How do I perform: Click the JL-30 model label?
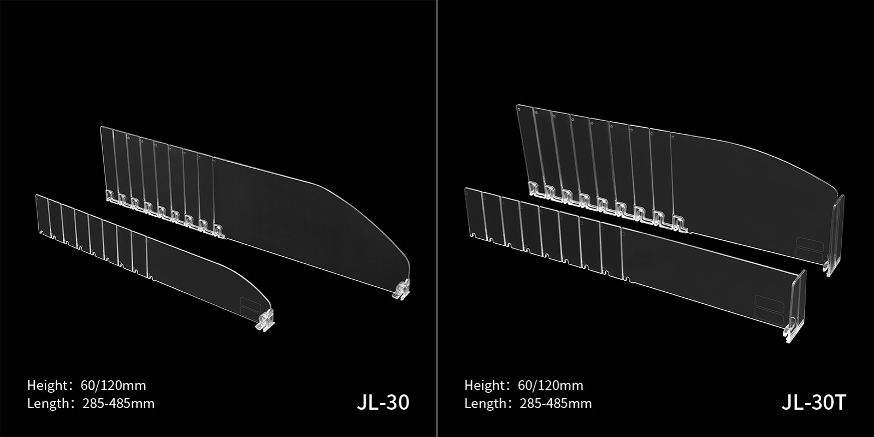[x=383, y=402]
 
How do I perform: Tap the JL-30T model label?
[x=813, y=402]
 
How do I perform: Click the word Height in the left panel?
[x=48, y=386]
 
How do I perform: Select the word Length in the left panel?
[x=49, y=403]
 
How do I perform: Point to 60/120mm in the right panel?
[x=551, y=386]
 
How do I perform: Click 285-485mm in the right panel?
[x=556, y=403]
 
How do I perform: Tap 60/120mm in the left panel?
[x=113, y=386]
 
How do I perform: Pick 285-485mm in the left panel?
[x=119, y=403]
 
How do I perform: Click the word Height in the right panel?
[x=485, y=386]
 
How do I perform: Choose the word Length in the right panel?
[x=486, y=403]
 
